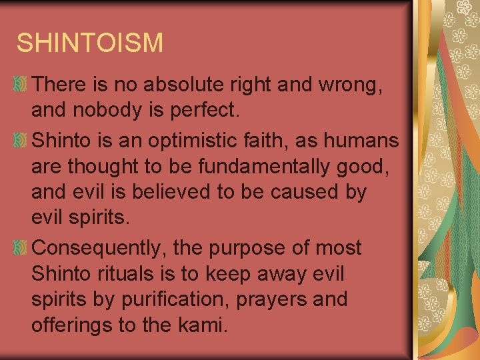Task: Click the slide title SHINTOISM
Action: coord(89,43)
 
